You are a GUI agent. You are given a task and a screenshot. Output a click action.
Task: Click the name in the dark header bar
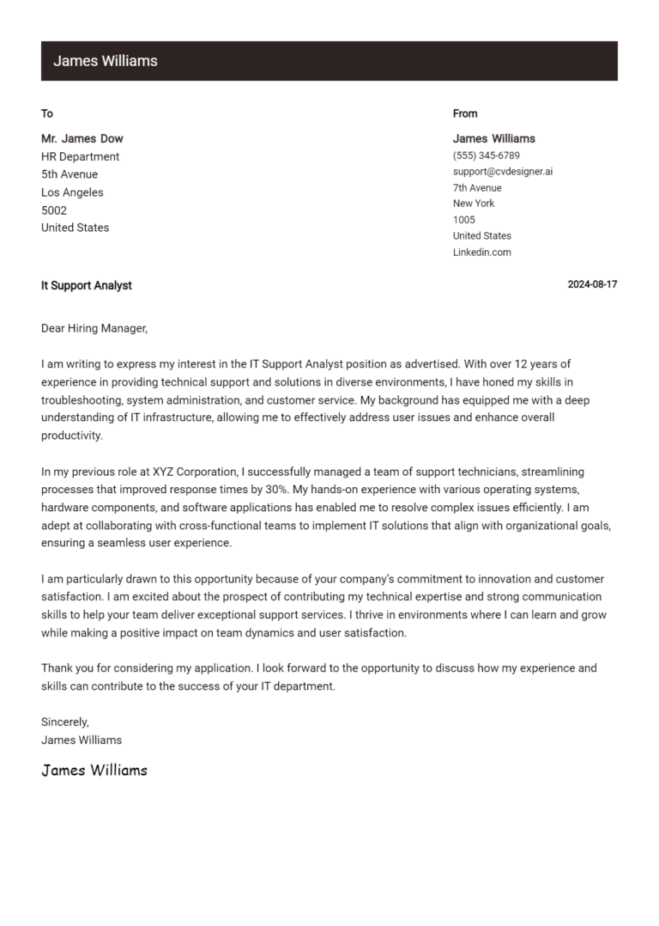106,61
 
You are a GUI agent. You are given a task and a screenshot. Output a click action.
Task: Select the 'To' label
47,113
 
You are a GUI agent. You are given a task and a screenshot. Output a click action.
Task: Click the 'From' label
465,113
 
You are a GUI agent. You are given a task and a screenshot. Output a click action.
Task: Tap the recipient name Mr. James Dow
82,138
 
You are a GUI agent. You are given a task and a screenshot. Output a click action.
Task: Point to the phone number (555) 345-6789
486,155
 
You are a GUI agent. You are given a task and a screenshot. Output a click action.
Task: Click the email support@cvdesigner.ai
503,172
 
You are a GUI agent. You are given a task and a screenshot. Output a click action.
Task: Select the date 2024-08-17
592,284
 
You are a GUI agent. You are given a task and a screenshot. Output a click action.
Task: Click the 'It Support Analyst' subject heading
87,285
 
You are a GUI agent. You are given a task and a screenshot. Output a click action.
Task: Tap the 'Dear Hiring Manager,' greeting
94,328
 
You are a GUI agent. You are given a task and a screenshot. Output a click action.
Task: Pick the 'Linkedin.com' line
482,253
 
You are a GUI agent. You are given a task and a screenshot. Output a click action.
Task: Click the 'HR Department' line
81,156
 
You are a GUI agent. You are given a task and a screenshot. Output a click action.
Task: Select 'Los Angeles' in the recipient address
72,192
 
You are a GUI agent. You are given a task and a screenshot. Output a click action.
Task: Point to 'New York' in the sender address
474,204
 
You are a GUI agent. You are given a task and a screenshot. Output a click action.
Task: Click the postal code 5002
54,210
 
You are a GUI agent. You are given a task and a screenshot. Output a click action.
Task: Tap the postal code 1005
464,220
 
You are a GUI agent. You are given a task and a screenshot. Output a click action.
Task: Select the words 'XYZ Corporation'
195,472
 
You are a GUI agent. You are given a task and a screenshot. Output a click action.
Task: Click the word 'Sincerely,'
65,722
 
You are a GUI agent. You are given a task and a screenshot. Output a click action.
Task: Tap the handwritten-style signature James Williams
94,771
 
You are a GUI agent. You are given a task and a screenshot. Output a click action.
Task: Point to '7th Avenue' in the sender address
477,188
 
